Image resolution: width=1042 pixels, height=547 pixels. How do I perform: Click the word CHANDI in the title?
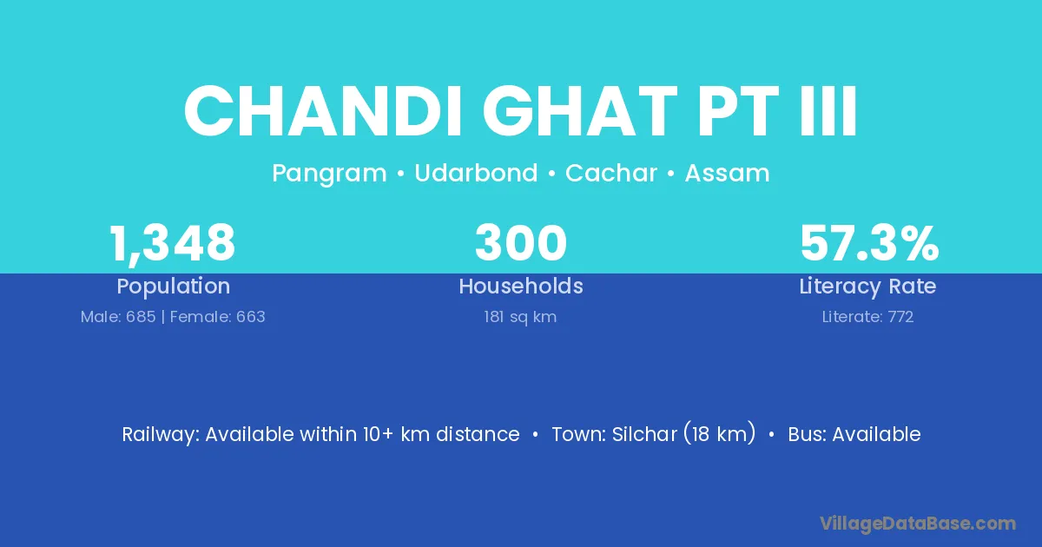[x=323, y=111]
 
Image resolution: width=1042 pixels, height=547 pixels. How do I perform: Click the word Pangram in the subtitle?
[x=329, y=174]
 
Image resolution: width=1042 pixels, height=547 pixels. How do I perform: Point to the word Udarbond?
[x=476, y=173]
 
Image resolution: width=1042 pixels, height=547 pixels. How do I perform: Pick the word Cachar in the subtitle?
[x=611, y=173]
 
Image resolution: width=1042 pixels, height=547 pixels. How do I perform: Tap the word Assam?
[x=727, y=173]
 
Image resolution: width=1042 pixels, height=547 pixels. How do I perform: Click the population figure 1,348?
[x=173, y=244]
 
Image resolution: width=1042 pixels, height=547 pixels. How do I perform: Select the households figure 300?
[x=521, y=243]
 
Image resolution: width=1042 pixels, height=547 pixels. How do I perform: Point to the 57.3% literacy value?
[x=869, y=243]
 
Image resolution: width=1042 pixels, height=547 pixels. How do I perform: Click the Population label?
[x=174, y=287]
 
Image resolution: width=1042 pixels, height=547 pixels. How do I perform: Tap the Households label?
[x=521, y=286]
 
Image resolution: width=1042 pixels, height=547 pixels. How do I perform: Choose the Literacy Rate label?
[x=867, y=287]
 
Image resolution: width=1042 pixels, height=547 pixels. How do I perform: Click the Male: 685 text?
[x=118, y=317]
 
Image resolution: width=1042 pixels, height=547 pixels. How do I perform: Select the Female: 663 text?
[x=218, y=317]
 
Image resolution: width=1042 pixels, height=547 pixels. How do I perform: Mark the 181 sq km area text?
[x=520, y=317]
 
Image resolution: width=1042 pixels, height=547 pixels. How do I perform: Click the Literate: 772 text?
[x=867, y=317]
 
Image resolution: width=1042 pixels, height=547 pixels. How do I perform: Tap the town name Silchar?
[x=644, y=434]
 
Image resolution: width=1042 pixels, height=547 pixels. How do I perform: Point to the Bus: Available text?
[x=854, y=434]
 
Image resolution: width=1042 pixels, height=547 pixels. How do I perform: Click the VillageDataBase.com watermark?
[x=917, y=524]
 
